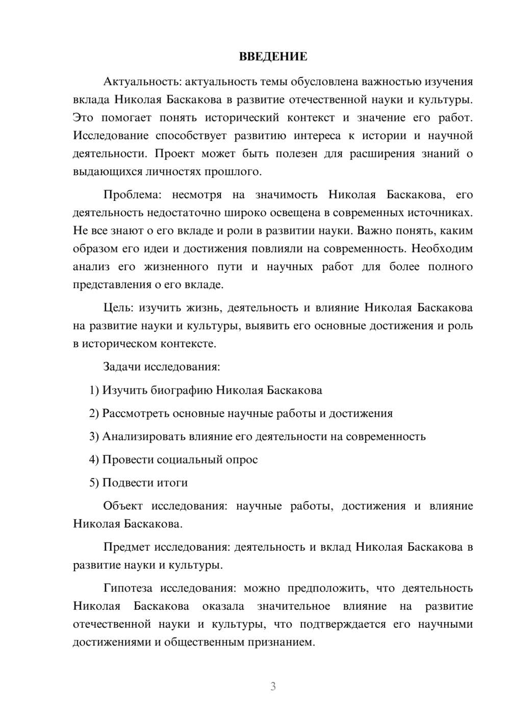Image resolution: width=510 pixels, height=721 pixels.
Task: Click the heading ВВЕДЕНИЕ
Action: pos(273,57)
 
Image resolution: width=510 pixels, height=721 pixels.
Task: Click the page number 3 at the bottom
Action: pos(273,686)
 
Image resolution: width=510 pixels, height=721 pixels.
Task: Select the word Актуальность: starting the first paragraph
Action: pos(142,82)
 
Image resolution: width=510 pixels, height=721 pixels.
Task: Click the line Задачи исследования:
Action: pos(161,367)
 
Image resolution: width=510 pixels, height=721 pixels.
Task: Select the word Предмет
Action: pos(126,548)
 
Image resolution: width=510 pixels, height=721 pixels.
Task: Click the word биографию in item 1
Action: pos(182,391)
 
